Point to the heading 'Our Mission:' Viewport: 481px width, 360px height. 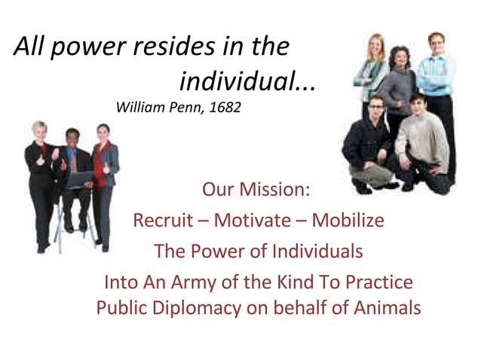pos(256,189)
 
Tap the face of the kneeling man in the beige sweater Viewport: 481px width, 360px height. pos(418,102)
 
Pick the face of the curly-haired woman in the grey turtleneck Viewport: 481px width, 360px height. pos(397,59)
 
